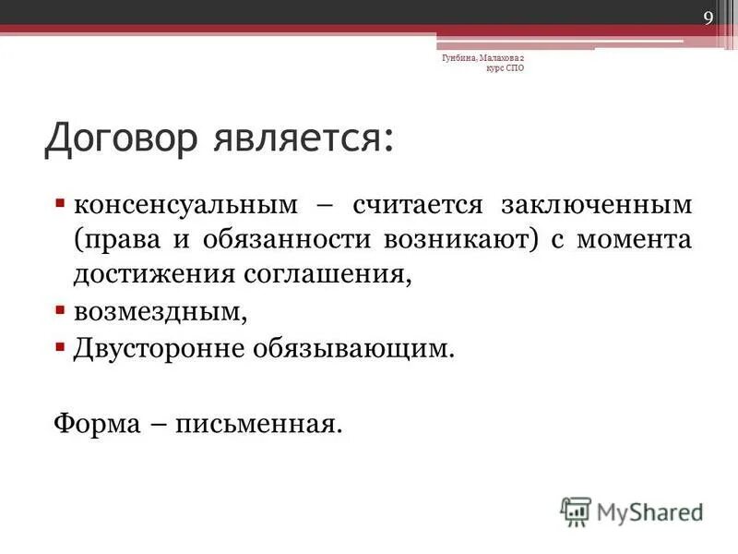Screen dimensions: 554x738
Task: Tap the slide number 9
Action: (x=708, y=18)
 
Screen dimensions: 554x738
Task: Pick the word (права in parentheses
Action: (x=114, y=239)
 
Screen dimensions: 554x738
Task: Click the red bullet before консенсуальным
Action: (x=60, y=201)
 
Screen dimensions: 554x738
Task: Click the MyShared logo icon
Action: (x=575, y=511)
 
